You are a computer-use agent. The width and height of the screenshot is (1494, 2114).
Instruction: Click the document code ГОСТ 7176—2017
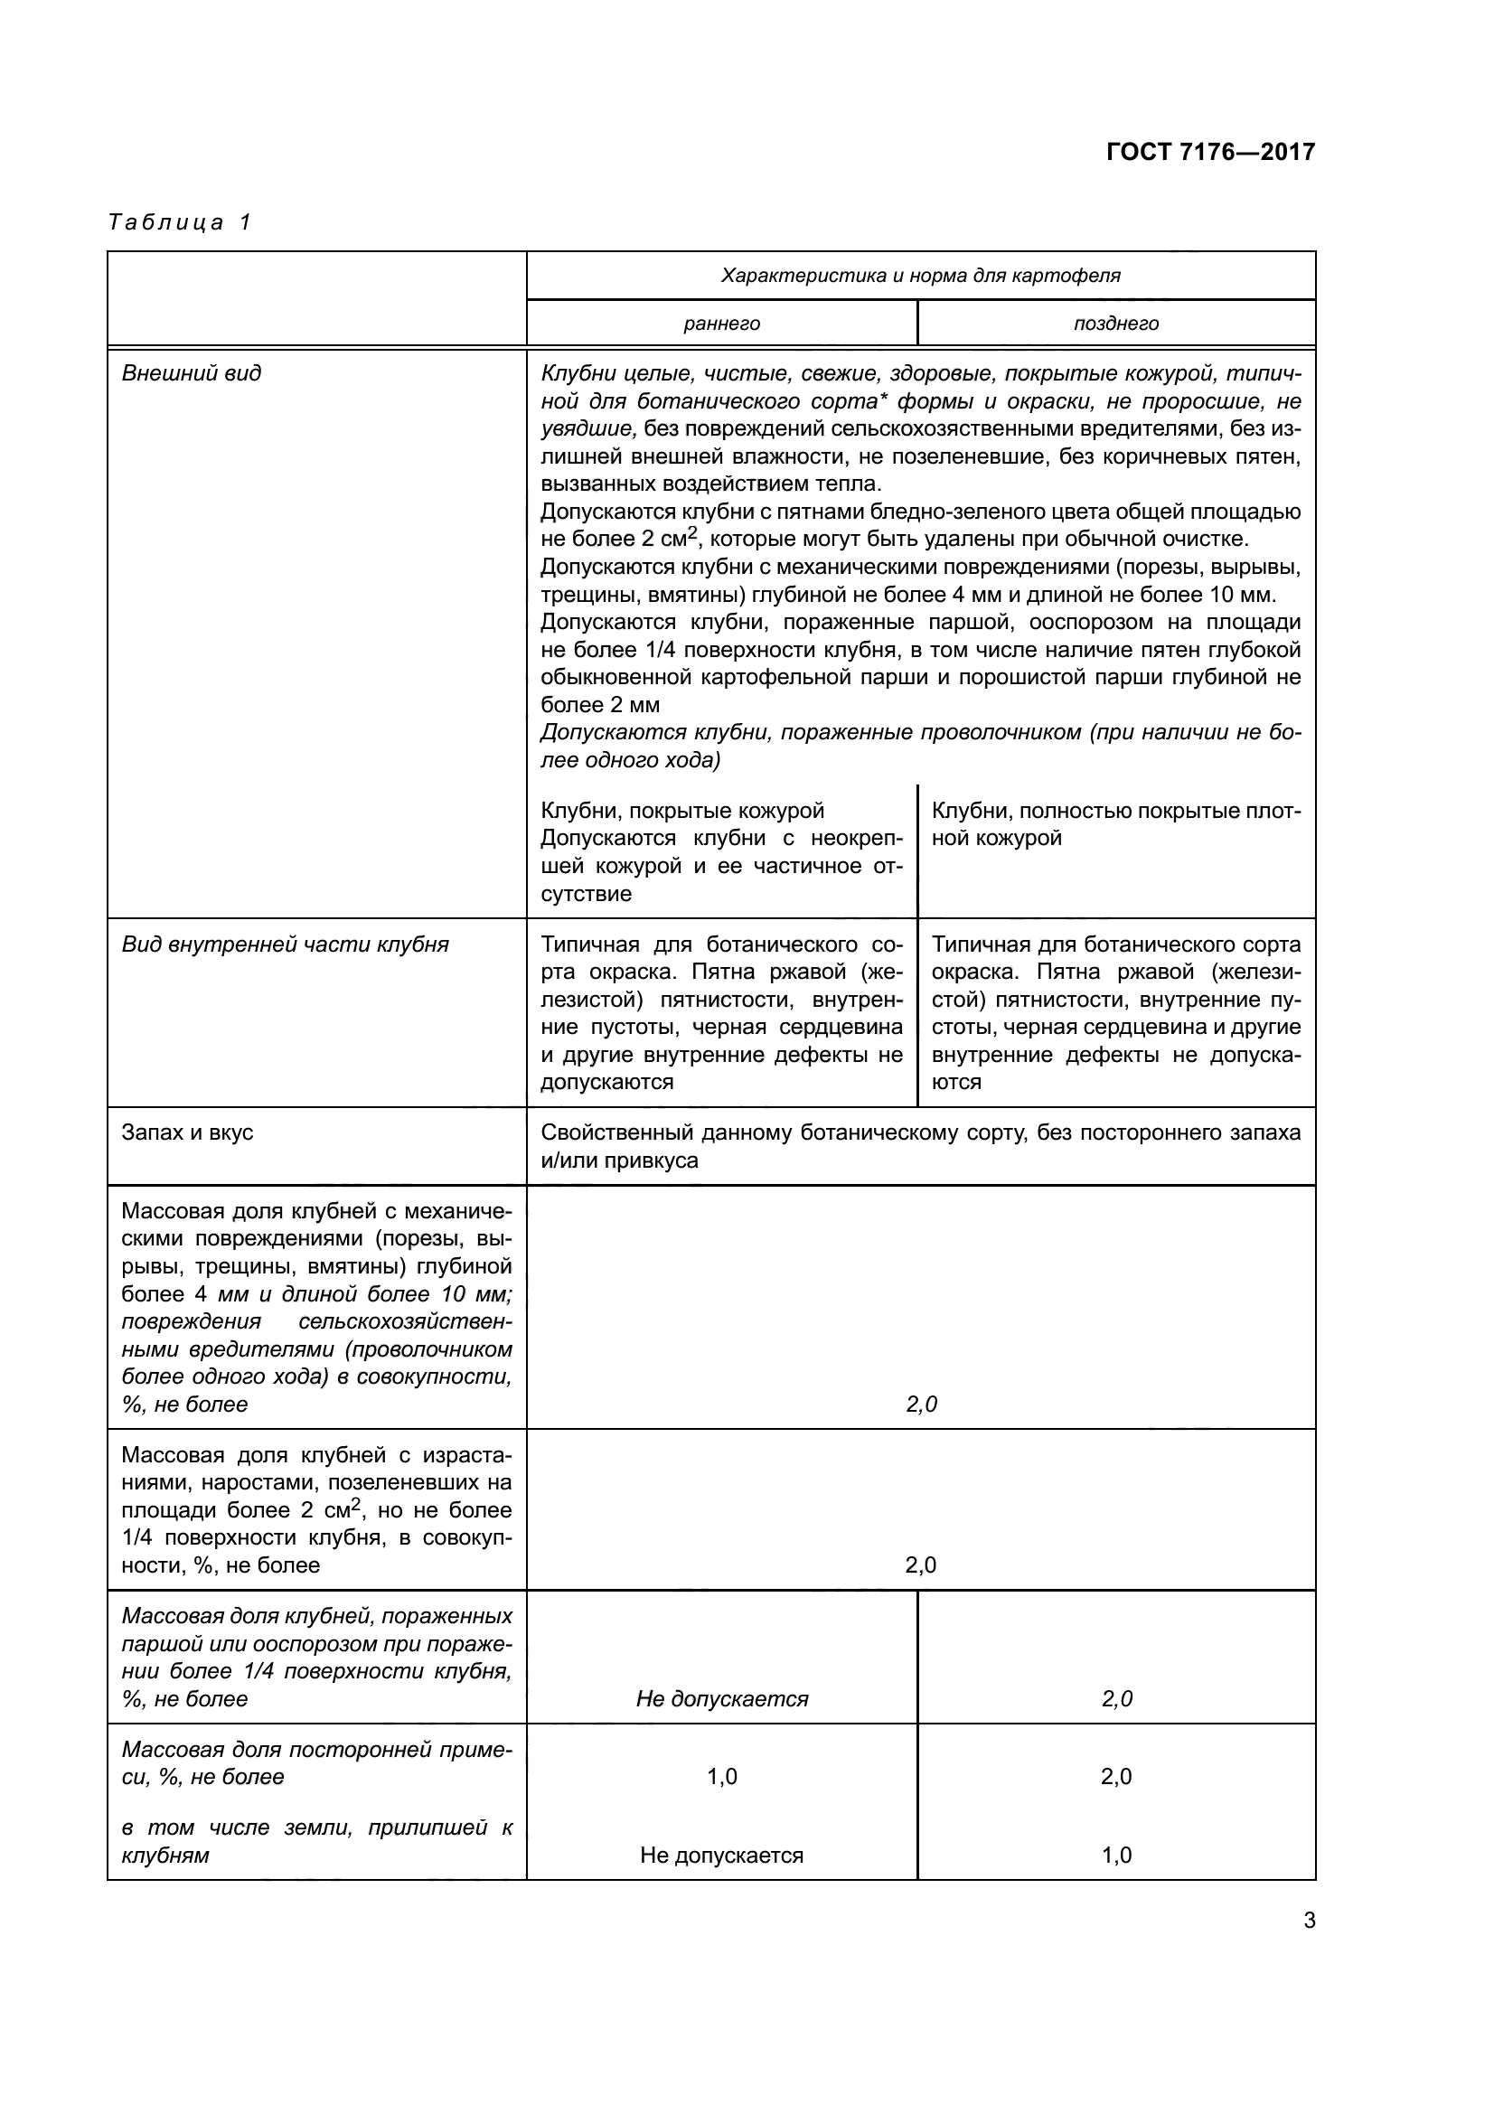point(1209,152)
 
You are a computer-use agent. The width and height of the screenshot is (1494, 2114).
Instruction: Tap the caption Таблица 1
point(180,223)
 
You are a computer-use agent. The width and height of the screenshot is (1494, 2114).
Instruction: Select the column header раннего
point(721,324)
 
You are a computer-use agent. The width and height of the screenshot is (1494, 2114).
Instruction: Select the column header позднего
point(1115,324)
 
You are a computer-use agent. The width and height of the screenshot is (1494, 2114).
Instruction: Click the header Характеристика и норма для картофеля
point(920,276)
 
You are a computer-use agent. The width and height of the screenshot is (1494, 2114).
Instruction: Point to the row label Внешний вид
point(192,373)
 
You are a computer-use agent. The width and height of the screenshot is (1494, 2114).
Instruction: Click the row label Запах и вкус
point(187,1132)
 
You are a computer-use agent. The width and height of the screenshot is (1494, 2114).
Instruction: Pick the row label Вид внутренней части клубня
point(285,944)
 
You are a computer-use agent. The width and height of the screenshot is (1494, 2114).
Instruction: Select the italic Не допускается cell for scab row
point(721,1699)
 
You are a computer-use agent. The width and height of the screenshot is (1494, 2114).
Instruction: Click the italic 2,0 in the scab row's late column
point(1115,1699)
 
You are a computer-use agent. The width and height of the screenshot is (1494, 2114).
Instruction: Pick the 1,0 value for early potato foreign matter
point(721,1777)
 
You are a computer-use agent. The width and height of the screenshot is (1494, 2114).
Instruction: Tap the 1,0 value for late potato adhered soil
point(1115,1856)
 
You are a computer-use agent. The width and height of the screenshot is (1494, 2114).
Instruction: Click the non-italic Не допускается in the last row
point(721,1856)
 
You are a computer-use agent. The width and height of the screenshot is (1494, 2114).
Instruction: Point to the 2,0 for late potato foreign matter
point(1115,1777)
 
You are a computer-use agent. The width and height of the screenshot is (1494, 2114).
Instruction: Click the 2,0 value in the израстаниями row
point(920,1565)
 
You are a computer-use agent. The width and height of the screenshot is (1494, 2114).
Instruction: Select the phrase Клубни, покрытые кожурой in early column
point(682,811)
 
